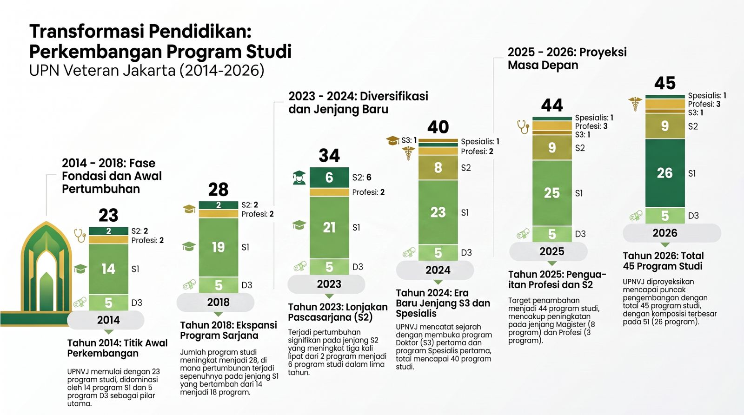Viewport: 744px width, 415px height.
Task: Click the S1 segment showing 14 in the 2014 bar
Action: (x=108, y=269)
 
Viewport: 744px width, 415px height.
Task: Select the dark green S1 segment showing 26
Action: (x=665, y=173)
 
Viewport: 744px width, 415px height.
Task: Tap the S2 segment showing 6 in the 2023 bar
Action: (x=329, y=177)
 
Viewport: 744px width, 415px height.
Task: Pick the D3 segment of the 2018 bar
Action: (x=219, y=285)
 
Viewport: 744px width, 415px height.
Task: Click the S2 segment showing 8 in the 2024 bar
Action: (x=438, y=168)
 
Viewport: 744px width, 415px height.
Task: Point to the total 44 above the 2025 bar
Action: (x=552, y=105)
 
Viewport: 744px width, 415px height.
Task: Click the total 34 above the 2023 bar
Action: (x=329, y=155)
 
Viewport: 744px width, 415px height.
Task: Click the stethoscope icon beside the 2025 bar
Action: (x=523, y=127)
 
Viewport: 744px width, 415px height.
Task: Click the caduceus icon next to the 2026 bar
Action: (x=635, y=104)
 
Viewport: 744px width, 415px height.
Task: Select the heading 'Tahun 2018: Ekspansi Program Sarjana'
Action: (x=228, y=330)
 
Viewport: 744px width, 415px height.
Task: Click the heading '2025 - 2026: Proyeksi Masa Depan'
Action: (x=567, y=59)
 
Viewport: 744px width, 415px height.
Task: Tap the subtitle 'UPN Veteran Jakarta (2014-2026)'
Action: (x=147, y=70)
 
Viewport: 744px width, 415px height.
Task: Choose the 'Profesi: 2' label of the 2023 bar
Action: (x=368, y=192)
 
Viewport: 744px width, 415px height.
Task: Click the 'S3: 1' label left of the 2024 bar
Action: (x=409, y=140)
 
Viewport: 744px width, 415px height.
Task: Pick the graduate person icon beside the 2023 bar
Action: (x=299, y=178)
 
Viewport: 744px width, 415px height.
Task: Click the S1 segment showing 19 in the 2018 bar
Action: (x=219, y=247)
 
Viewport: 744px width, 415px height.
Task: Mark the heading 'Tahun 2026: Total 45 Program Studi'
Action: (x=663, y=261)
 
